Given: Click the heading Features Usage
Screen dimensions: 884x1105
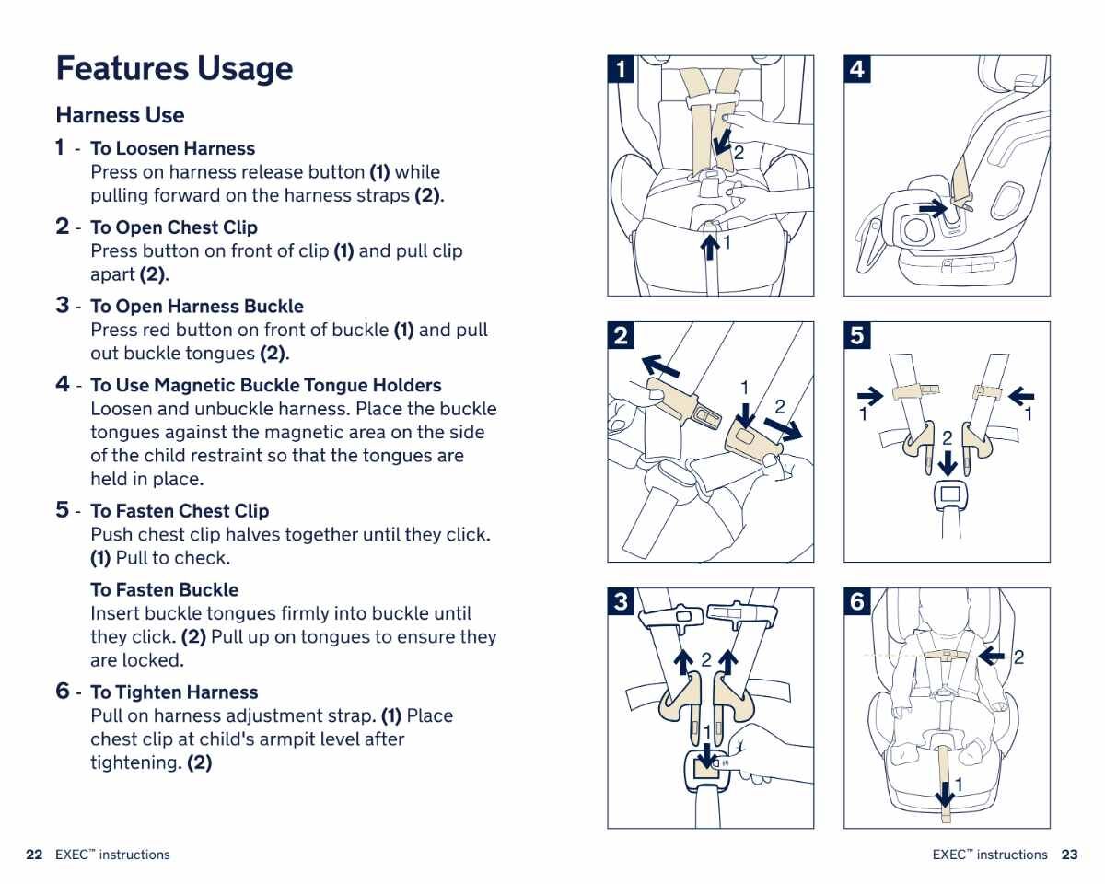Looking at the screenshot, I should [x=174, y=69].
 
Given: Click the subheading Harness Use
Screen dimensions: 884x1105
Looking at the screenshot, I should [x=120, y=115].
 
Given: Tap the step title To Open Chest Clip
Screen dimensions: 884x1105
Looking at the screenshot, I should [x=174, y=227].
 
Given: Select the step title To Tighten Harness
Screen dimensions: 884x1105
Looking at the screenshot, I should [x=174, y=692].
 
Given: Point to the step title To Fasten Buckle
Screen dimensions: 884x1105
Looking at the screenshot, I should [x=164, y=590].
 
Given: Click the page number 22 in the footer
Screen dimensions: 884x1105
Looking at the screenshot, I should [x=34, y=855].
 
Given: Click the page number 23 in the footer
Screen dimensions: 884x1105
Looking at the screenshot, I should [x=1069, y=855].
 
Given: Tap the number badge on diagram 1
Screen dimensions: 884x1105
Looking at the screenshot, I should [x=622, y=70].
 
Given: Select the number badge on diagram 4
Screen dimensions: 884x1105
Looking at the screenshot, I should [x=857, y=70].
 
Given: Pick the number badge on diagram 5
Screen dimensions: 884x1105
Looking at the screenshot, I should [x=857, y=336].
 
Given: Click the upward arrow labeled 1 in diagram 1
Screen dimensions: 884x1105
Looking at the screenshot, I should [x=710, y=246].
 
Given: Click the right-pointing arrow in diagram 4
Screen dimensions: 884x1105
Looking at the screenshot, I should [x=933, y=208].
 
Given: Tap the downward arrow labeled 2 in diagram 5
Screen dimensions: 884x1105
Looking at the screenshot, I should [x=947, y=462].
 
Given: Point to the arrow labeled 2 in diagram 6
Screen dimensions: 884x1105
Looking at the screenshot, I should [x=993, y=657].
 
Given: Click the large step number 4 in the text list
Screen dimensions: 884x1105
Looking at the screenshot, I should [x=62, y=384].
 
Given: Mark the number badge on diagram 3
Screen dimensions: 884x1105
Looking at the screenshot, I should [x=622, y=602].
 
